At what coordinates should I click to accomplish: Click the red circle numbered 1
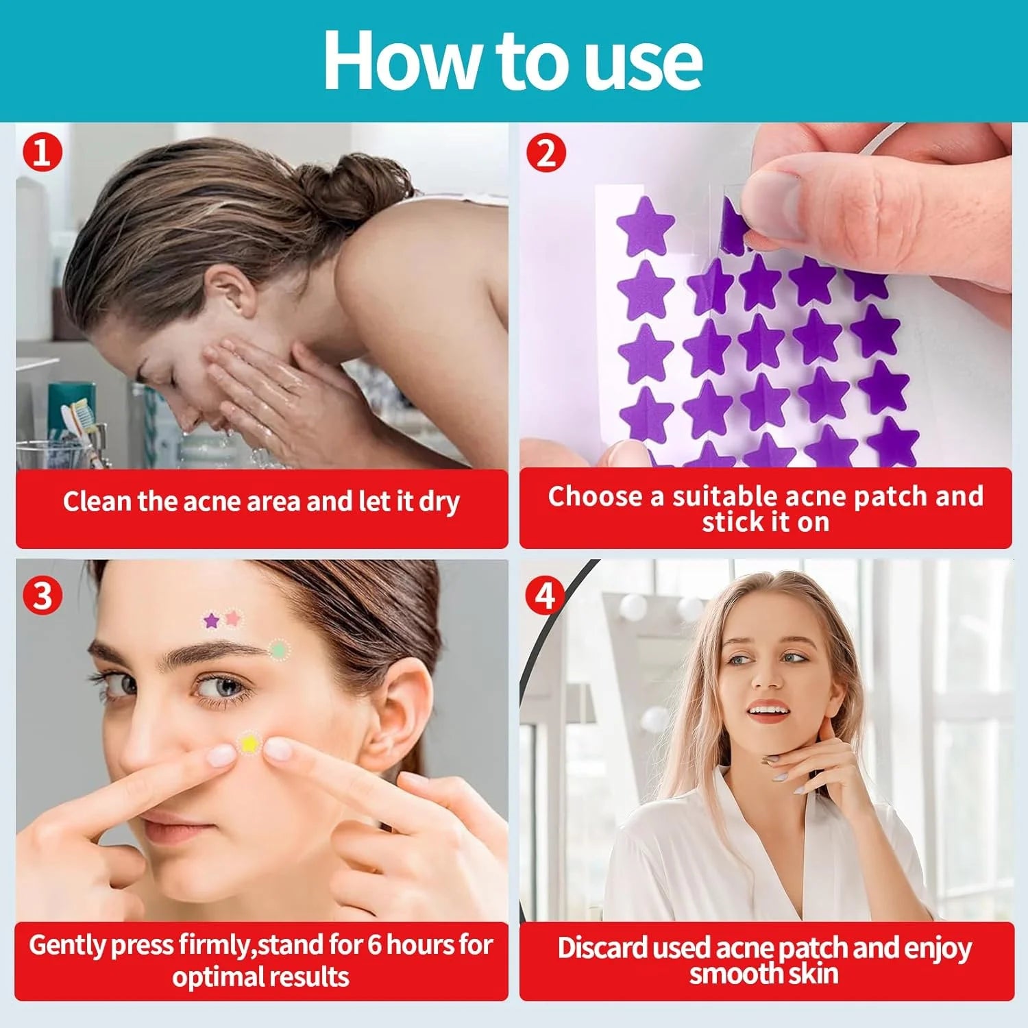42,152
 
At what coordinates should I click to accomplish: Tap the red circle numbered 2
546,152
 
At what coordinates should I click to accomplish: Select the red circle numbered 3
42,595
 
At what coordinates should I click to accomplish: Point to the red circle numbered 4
545,595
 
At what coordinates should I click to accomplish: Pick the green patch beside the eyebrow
278,649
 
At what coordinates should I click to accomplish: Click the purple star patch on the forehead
212,622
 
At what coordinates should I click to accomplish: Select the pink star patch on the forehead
233,618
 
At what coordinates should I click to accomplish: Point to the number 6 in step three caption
374,945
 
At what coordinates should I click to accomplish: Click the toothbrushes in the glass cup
80,421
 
